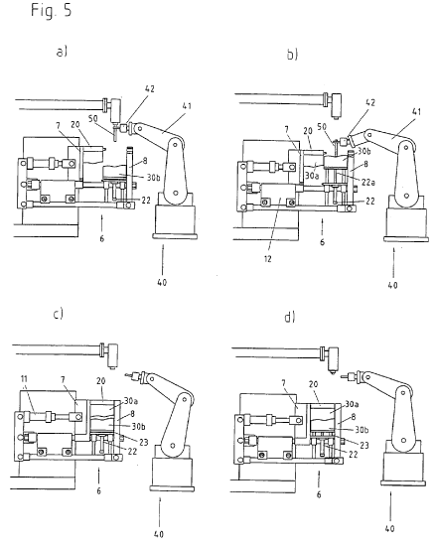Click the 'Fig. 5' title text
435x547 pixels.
click(x=52, y=10)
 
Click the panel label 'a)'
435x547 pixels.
click(x=62, y=52)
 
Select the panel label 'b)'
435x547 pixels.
click(x=292, y=55)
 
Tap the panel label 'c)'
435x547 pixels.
click(x=59, y=315)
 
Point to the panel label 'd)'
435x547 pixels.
click(x=290, y=317)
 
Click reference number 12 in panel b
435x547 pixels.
click(x=268, y=259)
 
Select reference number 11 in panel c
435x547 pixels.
click(x=24, y=379)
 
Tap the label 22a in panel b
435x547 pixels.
click(x=368, y=182)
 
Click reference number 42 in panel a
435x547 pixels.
click(x=149, y=89)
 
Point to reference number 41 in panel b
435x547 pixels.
click(x=416, y=111)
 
